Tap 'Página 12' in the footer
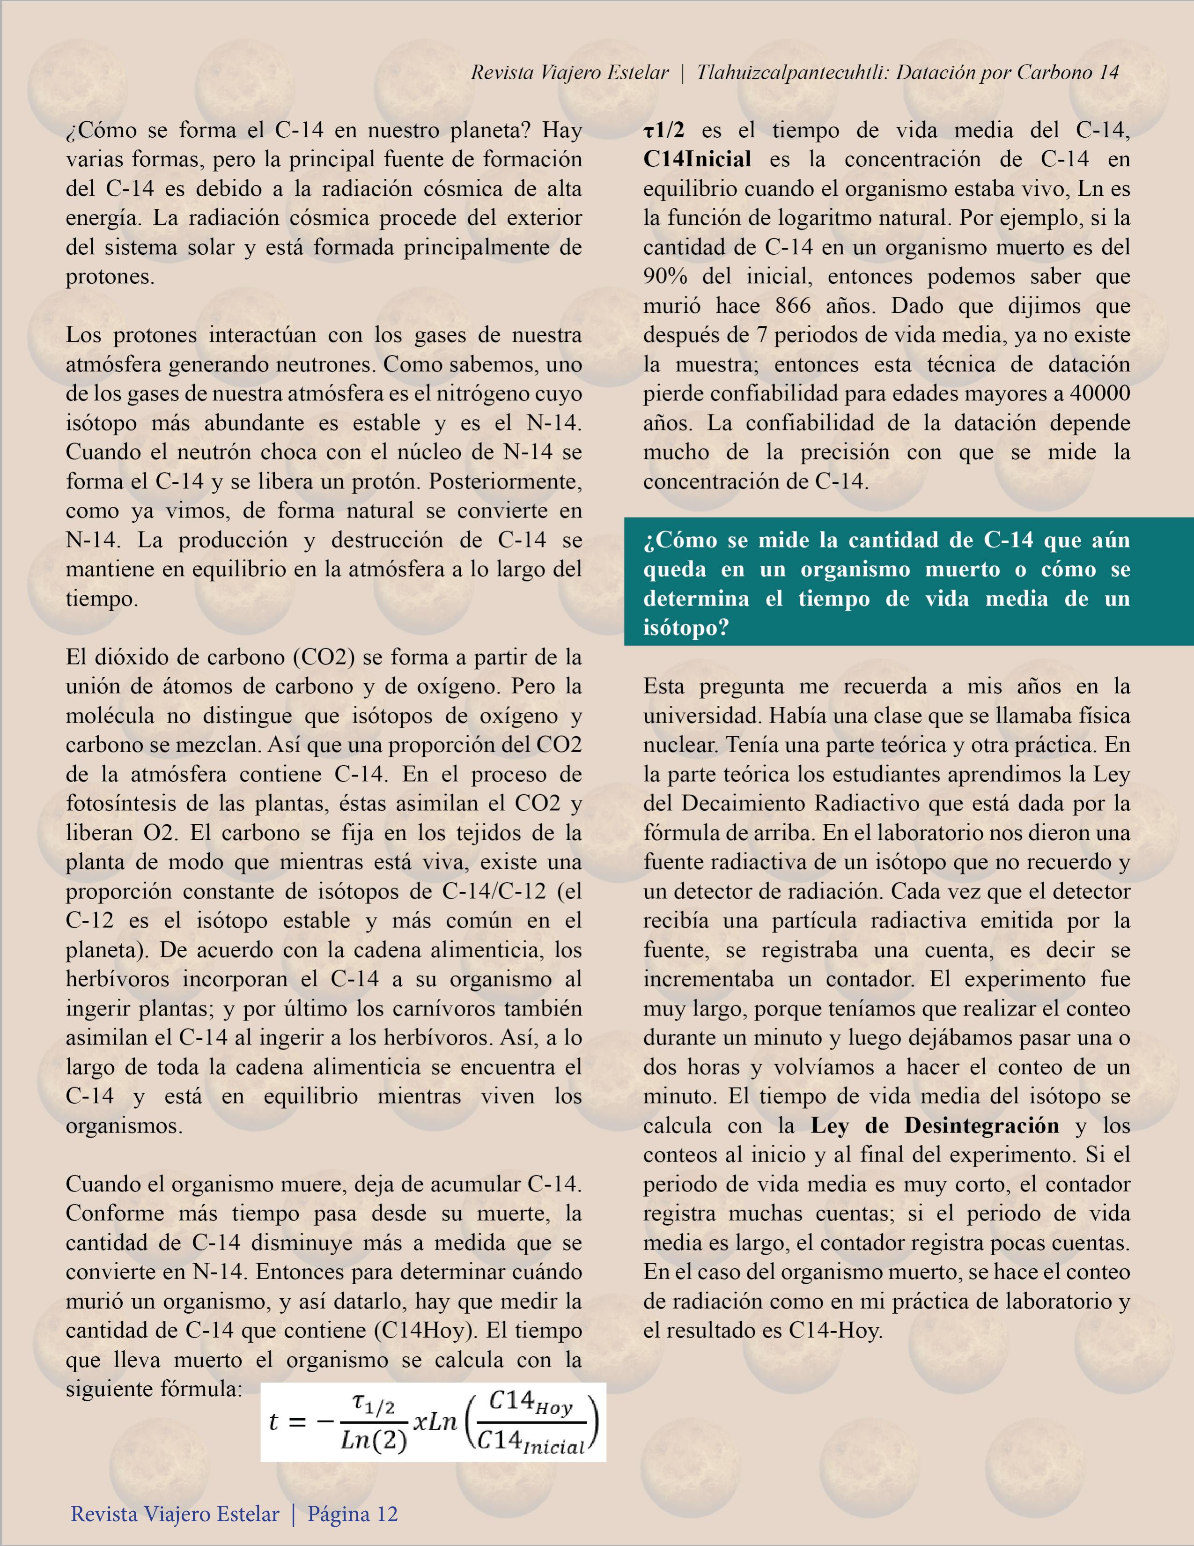click(x=353, y=1513)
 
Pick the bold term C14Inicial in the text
click(x=697, y=159)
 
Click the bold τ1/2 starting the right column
click(x=664, y=130)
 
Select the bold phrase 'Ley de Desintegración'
click(x=934, y=1125)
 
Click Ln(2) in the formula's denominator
click(x=373, y=1440)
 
